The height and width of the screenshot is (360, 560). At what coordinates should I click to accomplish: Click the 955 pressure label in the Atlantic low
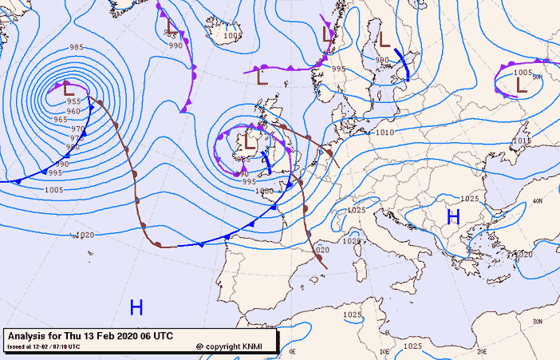(73, 101)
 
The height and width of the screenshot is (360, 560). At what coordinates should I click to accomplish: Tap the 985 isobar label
(77, 47)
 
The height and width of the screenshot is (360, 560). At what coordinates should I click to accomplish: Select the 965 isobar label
(60, 120)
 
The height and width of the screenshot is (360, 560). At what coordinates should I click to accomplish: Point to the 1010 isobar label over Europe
(385, 133)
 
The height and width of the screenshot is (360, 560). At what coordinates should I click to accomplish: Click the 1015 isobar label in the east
(522, 141)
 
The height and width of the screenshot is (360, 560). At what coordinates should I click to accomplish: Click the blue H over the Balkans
(453, 216)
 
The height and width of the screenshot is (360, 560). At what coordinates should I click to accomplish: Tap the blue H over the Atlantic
(136, 307)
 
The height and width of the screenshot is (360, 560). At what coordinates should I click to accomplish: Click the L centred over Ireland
(249, 144)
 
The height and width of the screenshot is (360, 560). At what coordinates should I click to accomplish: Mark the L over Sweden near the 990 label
(384, 39)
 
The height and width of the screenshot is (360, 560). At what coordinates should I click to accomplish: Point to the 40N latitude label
(537, 201)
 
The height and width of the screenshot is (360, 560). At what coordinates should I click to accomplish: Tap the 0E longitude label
(292, 351)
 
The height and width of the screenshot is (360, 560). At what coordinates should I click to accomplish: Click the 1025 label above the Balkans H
(470, 199)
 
